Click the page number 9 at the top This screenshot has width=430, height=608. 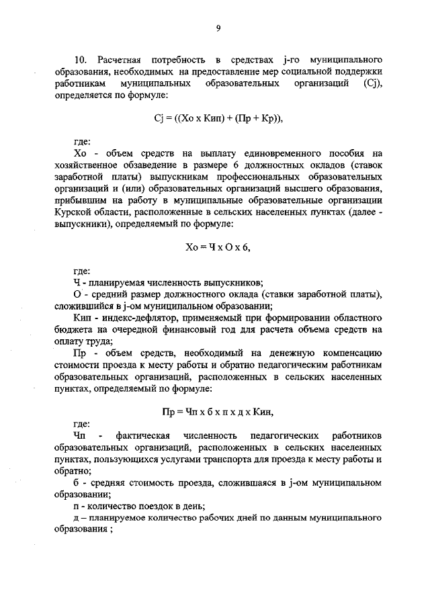[x=218, y=28]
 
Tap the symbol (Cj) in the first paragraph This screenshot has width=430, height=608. [x=372, y=83]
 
